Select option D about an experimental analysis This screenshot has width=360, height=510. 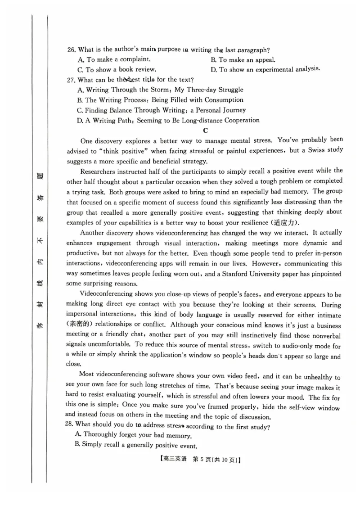tap(265, 69)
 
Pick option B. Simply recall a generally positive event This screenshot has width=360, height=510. tap(137, 446)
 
